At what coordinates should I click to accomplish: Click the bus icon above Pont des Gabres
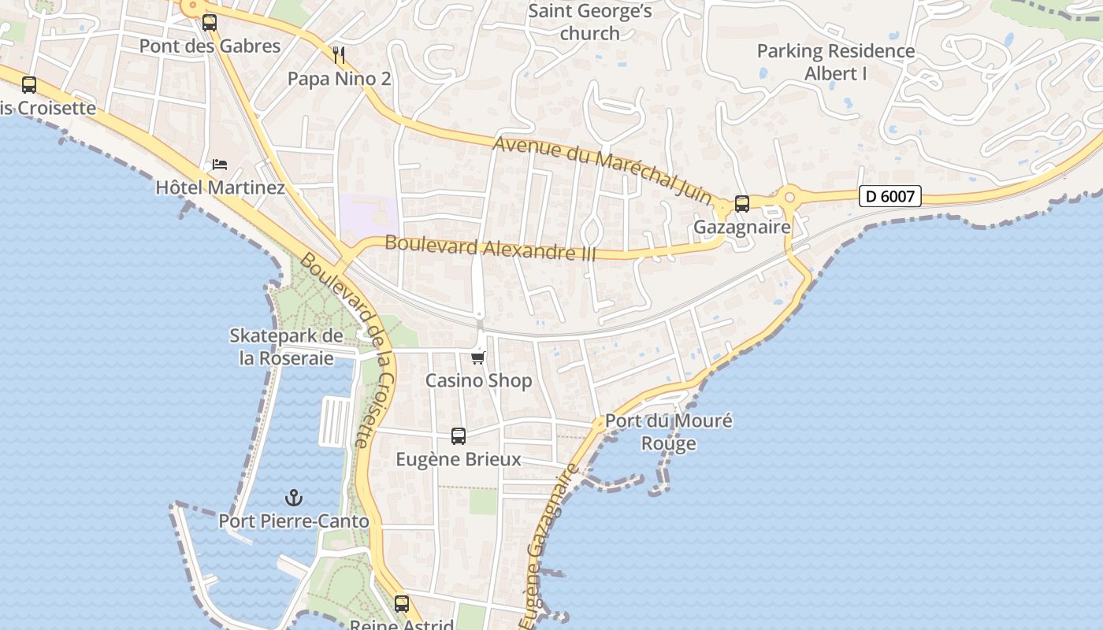(x=209, y=23)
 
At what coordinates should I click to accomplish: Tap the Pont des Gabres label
(x=210, y=46)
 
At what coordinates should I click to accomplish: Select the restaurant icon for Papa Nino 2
(x=340, y=55)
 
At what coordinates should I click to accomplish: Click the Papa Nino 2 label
(x=339, y=79)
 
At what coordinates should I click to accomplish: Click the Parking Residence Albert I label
(x=835, y=62)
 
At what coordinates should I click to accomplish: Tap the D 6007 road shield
(x=889, y=196)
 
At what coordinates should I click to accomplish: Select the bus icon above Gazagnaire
(x=741, y=204)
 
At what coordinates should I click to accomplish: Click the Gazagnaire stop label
(x=741, y=227)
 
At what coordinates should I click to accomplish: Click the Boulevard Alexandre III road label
(x=490, y=248)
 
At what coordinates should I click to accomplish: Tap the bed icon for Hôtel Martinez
(x=220, y=165)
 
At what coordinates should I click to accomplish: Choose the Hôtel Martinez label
(x=220, y=187)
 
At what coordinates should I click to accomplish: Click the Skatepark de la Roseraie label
(x=286, y=346)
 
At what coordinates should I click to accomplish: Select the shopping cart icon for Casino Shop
(x=477, y=358)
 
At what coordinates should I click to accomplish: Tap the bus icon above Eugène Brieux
(x=458, y=435)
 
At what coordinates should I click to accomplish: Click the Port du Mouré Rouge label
(x=668, y=432)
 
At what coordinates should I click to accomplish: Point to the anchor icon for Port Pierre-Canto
(x=293, y=498)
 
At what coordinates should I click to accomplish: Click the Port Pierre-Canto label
(x=293, y=521)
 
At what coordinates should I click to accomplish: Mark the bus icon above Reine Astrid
(x=402, y=604)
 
